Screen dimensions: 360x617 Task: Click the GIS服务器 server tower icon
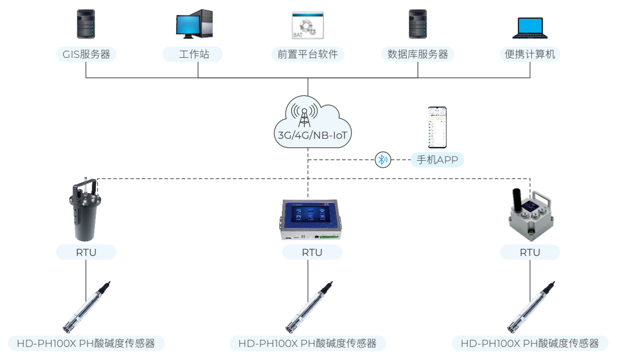click(85, 24)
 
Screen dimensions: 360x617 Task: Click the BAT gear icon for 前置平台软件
click(308, 26)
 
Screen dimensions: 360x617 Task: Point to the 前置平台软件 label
click(308, 54)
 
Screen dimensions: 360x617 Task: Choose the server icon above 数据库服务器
click(418, 24)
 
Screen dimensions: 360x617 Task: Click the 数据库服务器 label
click(418, 54)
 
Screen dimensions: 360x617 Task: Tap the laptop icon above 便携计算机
click(530, 28)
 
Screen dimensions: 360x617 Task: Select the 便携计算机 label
click(530, 54)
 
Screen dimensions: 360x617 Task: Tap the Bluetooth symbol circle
click(383, 160)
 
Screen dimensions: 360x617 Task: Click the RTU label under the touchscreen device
click(312, 252)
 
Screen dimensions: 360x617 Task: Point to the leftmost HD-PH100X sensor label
click(86, 344)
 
